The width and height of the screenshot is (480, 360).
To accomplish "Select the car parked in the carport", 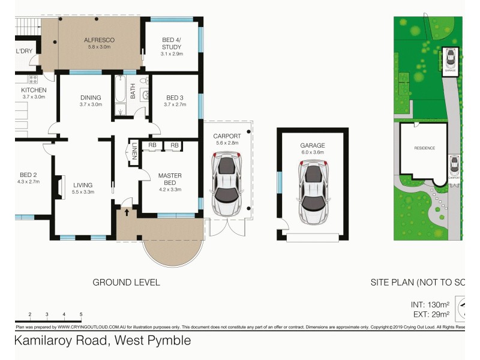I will pos(226,185).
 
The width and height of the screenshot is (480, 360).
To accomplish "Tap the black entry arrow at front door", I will pos(127,211).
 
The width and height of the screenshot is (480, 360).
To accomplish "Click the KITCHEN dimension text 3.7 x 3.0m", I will pos(34,97).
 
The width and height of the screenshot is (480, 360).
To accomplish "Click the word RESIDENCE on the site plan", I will pos(424,148).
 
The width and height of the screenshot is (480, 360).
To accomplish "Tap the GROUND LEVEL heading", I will pos(126,282).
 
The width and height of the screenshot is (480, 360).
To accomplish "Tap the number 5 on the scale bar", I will pos(81,314).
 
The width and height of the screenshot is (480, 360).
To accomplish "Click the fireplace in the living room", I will pos(60,185).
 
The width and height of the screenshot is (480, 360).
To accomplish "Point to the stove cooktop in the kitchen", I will pos(34,79).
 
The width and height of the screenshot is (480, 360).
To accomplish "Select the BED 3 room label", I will pos(175,97).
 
